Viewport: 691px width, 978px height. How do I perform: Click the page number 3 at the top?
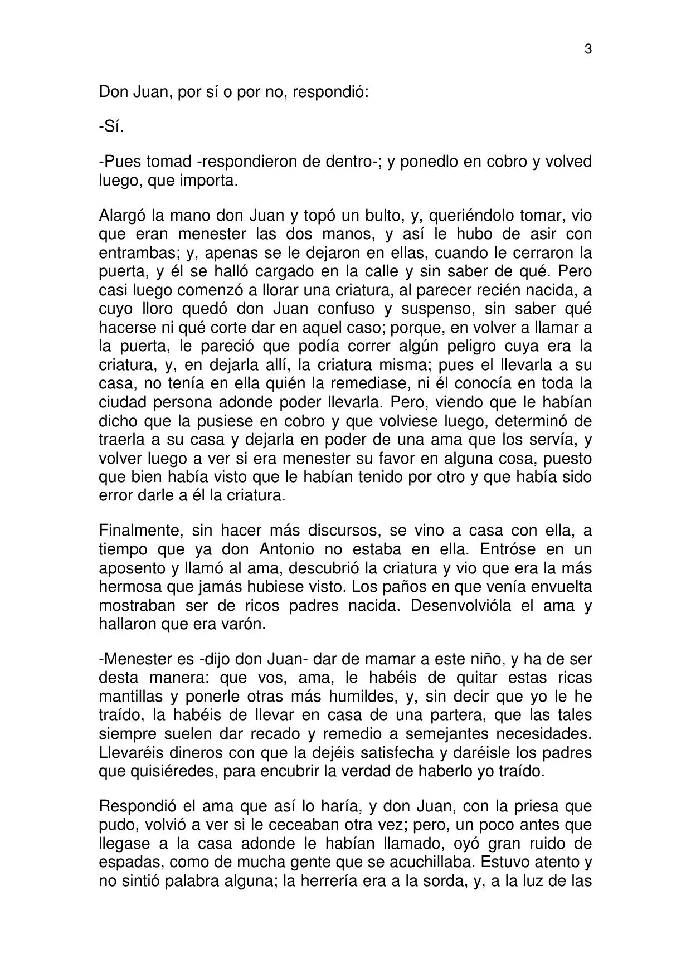pyautogui.click(x=588, y=50)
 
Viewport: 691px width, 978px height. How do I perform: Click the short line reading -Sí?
pyautogui.click(x=111, y=126)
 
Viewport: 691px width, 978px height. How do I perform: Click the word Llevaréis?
pyautogui.click(x=132, y=752)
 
